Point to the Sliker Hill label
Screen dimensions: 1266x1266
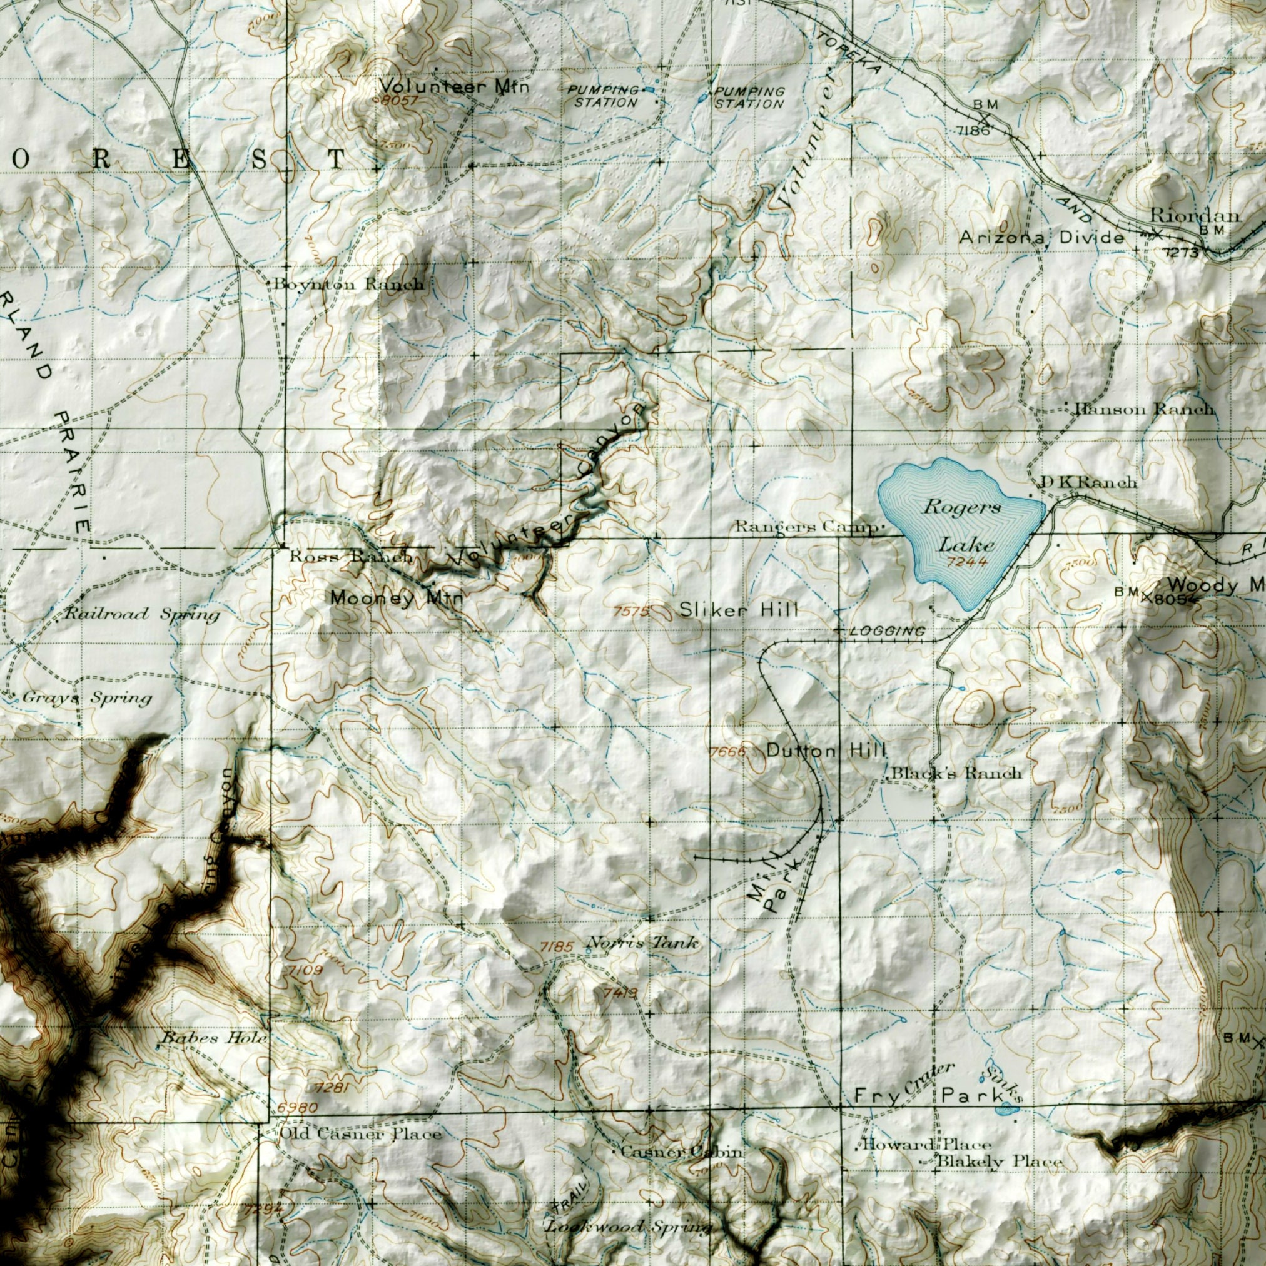pyautogui.click(x=739, y=610)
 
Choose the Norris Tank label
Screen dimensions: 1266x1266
pyautogui.click(x=643, y=943)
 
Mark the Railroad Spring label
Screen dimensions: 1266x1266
pyautogui.click(x=141, y=615)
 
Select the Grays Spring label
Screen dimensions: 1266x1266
pyautogui.click(x=87, y=698)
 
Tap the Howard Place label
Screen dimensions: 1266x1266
pyautogui.click(x=926, y=1145)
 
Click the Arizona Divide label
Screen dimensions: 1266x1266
pyautogui.click(x=1041, y=238)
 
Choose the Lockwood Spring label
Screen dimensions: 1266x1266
pyautogui.click(x=629, y=1227)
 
